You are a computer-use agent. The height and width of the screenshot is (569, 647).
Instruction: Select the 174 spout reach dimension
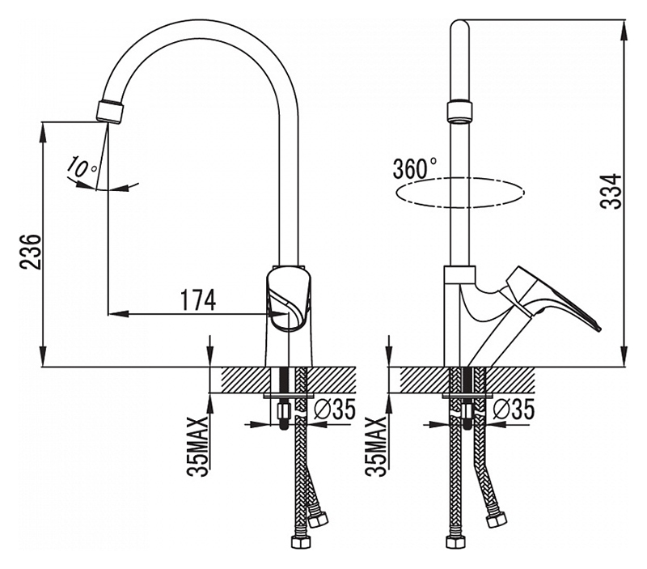197,300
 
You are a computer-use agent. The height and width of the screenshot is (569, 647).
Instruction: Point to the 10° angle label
81,168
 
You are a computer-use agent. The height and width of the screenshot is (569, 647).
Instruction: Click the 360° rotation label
414,169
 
